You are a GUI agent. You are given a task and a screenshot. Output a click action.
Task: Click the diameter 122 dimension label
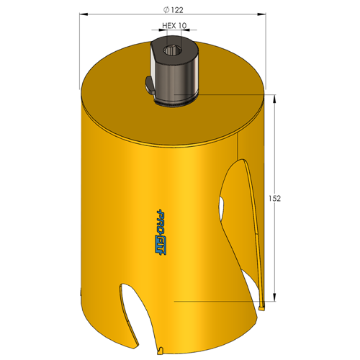point(174,10)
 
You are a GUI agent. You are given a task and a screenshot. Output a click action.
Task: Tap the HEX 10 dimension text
point(174,25)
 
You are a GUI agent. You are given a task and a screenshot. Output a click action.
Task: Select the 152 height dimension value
point(274,199)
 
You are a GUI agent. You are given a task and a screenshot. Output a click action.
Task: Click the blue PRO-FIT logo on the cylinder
point(161,232)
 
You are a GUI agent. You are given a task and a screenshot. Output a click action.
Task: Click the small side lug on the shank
point(150,85)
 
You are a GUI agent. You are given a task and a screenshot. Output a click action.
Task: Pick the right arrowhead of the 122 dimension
point(261,14)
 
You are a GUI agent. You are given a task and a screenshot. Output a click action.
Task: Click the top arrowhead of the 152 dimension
point(274,98)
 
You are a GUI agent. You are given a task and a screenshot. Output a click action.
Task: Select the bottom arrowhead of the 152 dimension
point(274,297)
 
